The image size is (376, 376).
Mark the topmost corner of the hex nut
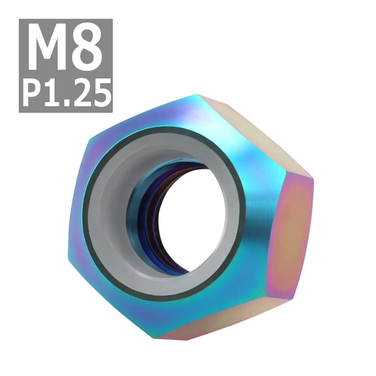pyautogui.click(x=197, y=95)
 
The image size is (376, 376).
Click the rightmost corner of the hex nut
pyautogui.click(x=313, y=179)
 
